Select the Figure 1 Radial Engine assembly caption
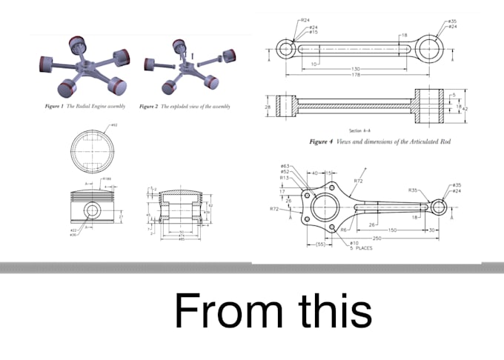pos(86,107)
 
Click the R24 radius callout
pos(305,20)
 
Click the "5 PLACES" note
pos(361,248)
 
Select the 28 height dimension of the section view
pos(268,107)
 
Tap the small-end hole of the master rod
pos(440,207)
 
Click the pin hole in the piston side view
pos(93,211)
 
